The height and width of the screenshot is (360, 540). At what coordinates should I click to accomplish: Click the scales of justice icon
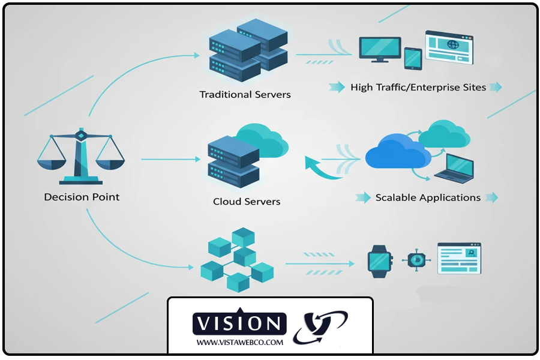[x=80, y=157]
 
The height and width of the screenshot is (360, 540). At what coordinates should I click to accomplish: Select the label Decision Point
[x=82, y=197]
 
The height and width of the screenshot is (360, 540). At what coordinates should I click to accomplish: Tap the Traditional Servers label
[x=245, y=94]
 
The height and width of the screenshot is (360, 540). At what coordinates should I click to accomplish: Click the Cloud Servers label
[x=247, y=202]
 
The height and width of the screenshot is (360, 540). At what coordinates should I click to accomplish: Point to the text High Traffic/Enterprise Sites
[x=418, y=88]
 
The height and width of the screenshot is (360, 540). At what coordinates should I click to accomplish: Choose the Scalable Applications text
[x=428, y=197]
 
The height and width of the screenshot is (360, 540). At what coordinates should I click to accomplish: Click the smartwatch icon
[x=379, y=260]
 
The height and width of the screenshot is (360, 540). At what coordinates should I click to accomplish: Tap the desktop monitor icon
[x=380, y=49]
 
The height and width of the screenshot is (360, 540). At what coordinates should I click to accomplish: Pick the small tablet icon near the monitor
[x=413, y=59]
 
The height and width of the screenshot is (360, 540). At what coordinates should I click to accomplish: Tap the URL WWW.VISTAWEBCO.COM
[x=239, y=343]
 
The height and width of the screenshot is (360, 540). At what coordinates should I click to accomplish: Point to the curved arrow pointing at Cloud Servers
[x=322, y=170]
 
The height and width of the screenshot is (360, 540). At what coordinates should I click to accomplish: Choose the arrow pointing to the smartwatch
[x=319, y=263]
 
